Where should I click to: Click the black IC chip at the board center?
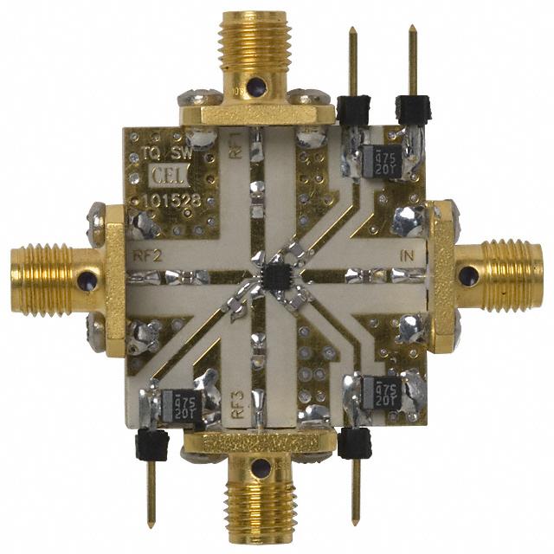278,277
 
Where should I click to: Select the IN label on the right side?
409,255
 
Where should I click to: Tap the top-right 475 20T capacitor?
382,162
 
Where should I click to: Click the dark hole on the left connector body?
86,280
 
